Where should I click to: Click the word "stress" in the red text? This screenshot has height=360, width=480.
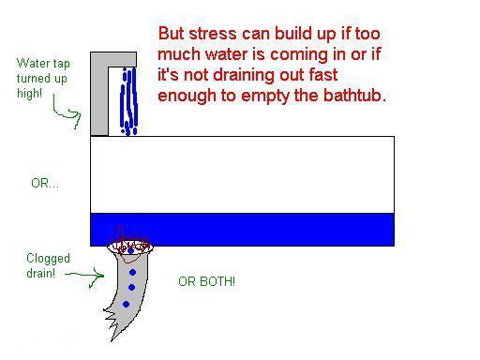(x=213, y=34)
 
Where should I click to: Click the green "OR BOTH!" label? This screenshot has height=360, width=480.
(x=206, y=281)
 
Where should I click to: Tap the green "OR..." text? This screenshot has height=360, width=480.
(x=45, y=183)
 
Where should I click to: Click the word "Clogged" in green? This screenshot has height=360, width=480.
(x=48, y=259)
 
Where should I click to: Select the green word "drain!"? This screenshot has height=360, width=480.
(x=41, y=273)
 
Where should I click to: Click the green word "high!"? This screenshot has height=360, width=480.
(x=30, y=94)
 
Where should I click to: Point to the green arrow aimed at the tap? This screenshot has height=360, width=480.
(x=67, y=112)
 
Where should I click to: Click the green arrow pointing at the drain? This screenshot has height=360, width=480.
(x=84, y=276)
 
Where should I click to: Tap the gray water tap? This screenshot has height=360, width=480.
(x=99, y=94)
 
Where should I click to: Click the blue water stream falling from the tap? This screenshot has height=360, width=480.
(x=128, y=101)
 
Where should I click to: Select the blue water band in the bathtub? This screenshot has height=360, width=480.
(x=242, y=230)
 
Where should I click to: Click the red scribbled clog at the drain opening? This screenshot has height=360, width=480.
(x=129, y=246)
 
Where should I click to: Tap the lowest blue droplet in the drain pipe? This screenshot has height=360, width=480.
(x=127, y=304)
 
